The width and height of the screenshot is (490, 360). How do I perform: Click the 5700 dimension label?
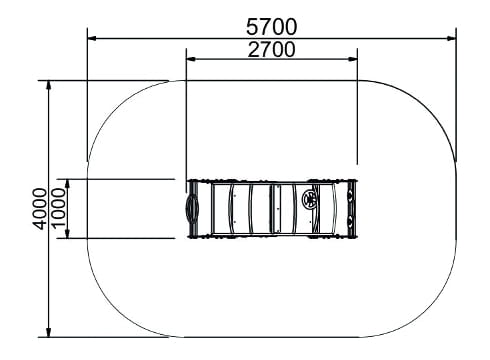click(271, 27)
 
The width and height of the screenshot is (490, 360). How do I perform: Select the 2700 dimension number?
click(271, 49)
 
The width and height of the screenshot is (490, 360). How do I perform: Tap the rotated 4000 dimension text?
click(40, 209)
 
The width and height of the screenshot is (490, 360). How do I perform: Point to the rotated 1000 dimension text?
click(59, 208)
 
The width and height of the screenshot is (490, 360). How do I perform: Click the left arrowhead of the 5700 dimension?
click(92, 39)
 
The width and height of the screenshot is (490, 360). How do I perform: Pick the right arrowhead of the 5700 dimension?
click(452, 39)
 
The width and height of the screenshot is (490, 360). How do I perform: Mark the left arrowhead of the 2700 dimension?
click(191, 59)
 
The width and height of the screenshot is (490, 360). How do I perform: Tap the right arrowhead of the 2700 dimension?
click(353, 59)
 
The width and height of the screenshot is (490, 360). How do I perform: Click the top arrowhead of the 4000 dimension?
click(49, 85)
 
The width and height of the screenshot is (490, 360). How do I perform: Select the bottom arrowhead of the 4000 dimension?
click(49, 332)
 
